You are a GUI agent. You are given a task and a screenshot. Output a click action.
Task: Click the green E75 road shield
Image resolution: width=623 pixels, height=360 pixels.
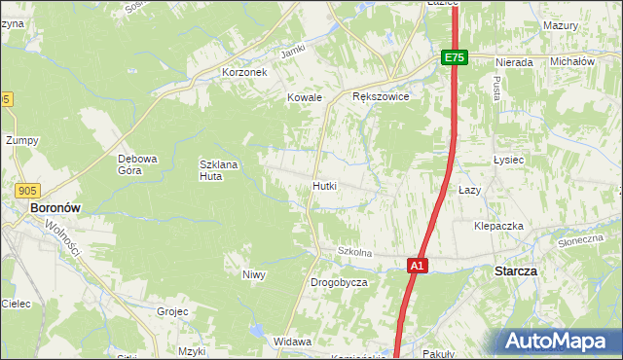(455, 58)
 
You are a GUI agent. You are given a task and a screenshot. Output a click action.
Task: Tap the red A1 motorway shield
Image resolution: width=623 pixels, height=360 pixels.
(417, 265)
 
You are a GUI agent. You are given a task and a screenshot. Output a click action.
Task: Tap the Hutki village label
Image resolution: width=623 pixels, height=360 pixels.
(325, 185)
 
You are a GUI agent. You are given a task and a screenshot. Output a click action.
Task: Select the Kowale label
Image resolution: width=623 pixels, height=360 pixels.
(305, 97)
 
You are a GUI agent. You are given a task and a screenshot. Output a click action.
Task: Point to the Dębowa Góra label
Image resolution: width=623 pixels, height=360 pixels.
(137, 164)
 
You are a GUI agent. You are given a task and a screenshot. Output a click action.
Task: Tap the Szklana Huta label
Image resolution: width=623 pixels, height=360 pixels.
(218, 170)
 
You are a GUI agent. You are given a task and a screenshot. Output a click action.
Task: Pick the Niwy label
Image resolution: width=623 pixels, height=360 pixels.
(254, 274)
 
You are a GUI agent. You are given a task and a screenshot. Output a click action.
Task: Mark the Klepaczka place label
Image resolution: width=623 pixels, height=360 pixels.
(498, 226)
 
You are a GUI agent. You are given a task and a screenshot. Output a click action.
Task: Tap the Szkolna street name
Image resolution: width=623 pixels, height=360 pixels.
(355, 252)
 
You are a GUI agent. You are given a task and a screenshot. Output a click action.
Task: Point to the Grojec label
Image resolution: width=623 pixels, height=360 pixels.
(172, 312)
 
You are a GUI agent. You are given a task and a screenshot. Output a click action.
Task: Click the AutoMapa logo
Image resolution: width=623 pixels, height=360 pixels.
(559, 341)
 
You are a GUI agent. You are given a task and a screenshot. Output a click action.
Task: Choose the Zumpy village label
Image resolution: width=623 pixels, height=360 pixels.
(21, 140)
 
